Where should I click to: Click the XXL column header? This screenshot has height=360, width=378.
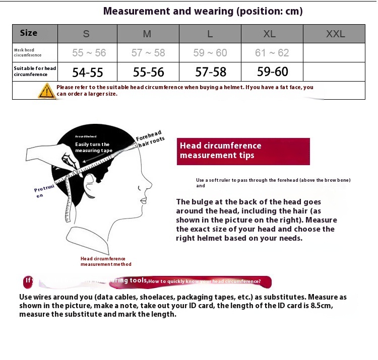[335, 34]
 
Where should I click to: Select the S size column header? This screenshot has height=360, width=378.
[87, 34]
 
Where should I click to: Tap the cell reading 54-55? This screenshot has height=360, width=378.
[87, 72]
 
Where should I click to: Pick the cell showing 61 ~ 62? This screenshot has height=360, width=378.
[272, 52]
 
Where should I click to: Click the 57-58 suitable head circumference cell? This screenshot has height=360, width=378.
[211, 72]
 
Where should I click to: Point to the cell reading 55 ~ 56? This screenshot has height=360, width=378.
[89, 52]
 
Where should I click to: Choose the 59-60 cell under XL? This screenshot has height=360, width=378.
[272, 72]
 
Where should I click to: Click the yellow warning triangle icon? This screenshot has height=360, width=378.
[46, 91]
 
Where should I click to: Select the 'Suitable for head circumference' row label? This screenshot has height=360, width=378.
[35, 71]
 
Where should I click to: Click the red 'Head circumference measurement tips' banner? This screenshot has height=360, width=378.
[243, 151]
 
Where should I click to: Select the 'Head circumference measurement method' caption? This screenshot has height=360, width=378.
[106, 261]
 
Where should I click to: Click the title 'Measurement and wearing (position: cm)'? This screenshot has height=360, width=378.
[203, 11]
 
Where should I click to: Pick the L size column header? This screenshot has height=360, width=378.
[210, 34]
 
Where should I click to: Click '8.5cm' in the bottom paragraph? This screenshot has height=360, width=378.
[322, 306]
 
